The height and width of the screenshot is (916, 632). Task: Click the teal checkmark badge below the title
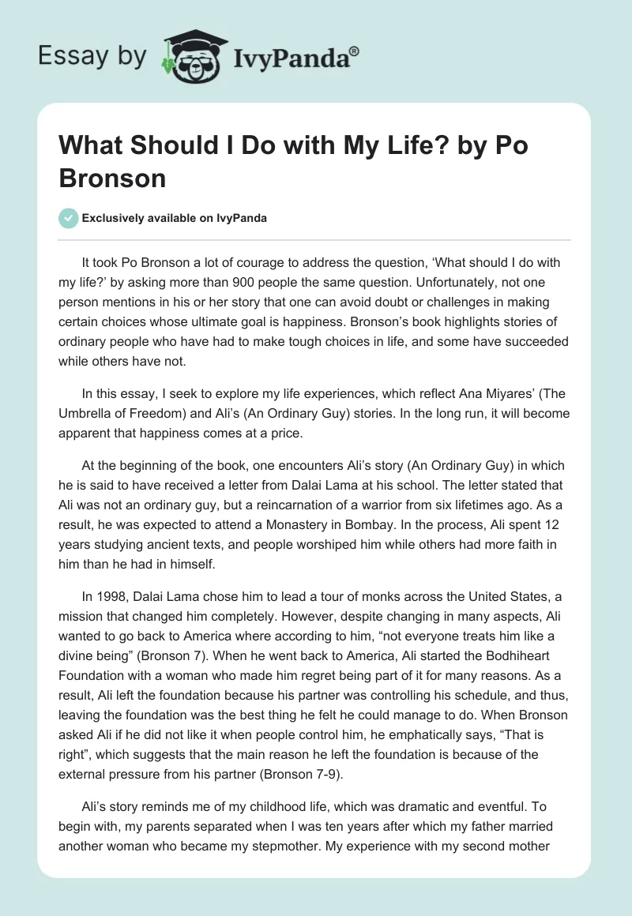69,218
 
